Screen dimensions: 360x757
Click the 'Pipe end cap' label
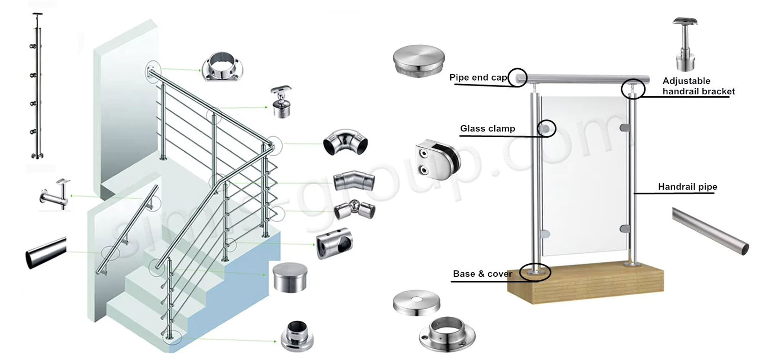pos(478,77)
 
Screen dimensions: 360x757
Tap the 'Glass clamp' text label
pos(487,129)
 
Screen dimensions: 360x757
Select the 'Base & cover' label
pos(482,274)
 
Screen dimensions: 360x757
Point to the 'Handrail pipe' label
pos(687,187)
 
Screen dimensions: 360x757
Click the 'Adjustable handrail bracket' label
pos(698,86)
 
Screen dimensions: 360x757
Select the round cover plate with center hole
pos(416,302)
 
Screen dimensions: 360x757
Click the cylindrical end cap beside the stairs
pos(290,278)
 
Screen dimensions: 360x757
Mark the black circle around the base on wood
pos(535,272)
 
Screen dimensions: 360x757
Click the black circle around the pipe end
pos(518,77)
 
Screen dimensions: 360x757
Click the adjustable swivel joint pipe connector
pos(354,209)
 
